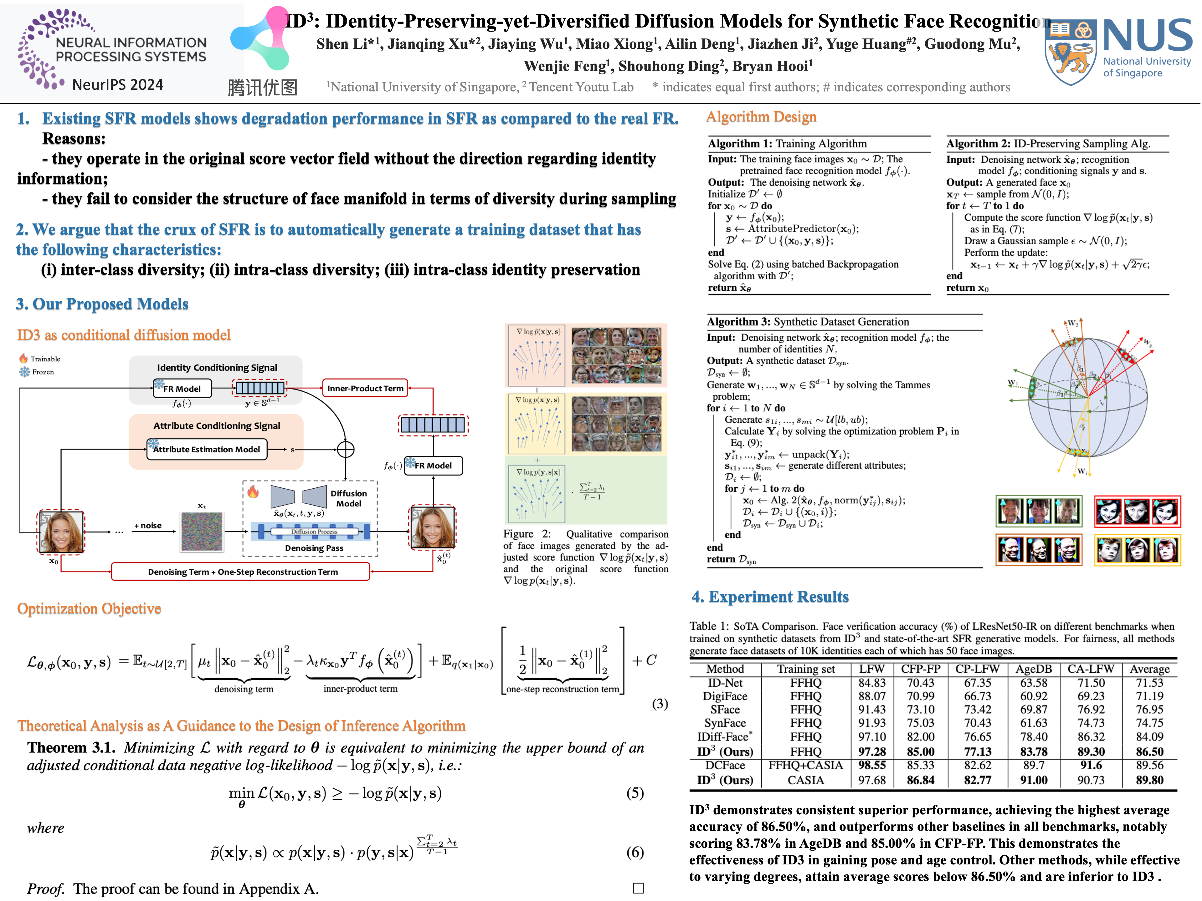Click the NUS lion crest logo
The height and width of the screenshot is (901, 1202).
(x=1069, y=52)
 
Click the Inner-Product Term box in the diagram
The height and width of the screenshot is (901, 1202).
(x=365, y=388)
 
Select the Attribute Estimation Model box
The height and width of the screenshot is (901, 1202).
(x=207, y=450)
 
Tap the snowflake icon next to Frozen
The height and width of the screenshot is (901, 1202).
(x=24, y=372)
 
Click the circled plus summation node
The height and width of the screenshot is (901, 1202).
(x=346, y=450)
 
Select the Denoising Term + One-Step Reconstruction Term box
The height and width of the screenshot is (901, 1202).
(x=241, y=572)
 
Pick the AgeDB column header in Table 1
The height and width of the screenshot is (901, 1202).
(x=1033, y=669)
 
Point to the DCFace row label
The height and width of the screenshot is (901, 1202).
(x=725, y=765)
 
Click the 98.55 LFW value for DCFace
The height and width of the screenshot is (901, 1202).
(x=872, y=765)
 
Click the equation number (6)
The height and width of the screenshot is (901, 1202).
(x=635, y=852)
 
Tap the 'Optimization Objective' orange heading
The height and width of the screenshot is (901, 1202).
(x=89, y=609)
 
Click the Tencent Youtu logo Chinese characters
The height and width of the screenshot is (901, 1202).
(x=262, y=87)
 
